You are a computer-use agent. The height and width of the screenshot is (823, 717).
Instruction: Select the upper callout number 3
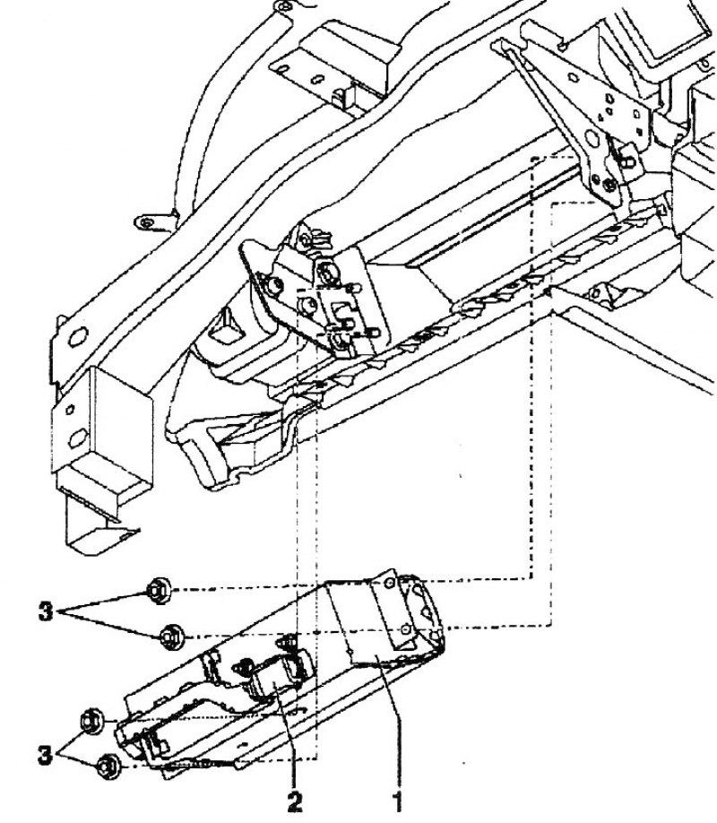tap(47, 612)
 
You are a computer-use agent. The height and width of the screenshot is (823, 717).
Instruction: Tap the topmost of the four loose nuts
tap(158, 591)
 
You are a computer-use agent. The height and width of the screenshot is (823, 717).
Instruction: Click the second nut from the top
tap(172, 637)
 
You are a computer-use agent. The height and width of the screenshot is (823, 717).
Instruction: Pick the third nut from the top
tap(93, 721)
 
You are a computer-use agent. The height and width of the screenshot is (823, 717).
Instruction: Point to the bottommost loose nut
tap(108, 766)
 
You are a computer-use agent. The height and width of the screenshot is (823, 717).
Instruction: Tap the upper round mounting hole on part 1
tap(389, 583)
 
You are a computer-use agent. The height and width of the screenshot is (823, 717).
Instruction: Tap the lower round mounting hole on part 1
tap(404, 628)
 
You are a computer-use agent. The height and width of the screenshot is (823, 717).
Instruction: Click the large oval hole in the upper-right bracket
tap(592, 139)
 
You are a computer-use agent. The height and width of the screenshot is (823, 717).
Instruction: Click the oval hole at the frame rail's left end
tap(77, 336)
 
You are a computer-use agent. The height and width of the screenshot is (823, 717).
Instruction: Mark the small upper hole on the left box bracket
tap(69, 410)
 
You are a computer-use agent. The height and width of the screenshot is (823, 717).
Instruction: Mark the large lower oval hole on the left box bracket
tap(78, 437)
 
